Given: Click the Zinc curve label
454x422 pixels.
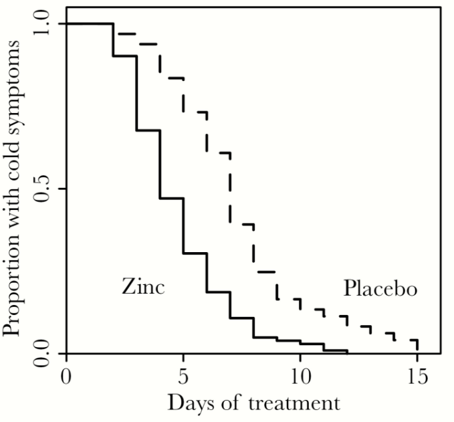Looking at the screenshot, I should (x=143, y=287).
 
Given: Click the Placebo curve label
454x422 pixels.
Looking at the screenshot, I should (x=380, y=289).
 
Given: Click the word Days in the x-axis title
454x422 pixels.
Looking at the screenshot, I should (x=193, y=403).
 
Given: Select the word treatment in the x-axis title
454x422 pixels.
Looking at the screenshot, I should (x=288, y=403).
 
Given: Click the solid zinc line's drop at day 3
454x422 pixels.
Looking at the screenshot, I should (x=136, y=93).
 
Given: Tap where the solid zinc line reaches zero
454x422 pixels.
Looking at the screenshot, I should (x=347, y=352).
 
